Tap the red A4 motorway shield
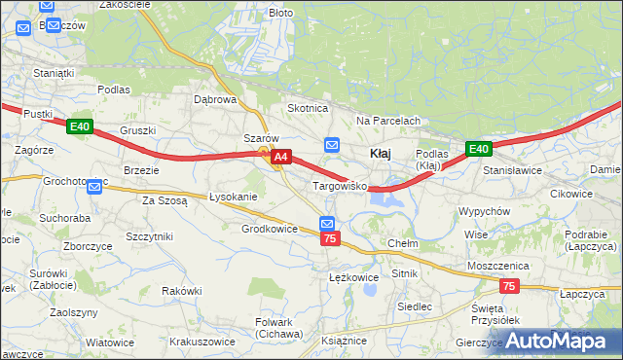point(281,156)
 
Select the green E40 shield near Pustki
point(80,126)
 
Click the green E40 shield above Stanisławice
point(477,149)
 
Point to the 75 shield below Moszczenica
point(509,286)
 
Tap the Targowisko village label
point(338,185)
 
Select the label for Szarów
point(262,138)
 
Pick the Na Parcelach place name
point(387,121)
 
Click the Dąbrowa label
point(215,99)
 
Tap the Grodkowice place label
point(269,229)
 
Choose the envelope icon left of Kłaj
point(332,145)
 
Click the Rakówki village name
point(182,290)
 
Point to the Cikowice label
point(570,193)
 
